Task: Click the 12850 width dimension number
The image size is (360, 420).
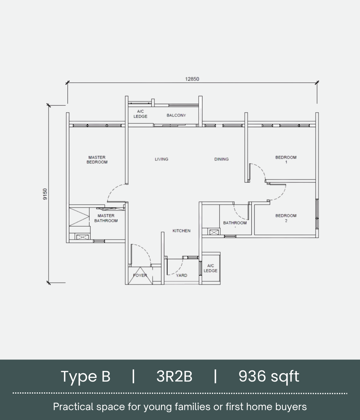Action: tap(192, 79)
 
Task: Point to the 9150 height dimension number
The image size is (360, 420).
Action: tap(45, 194)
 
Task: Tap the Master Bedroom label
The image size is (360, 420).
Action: tap(97, 160)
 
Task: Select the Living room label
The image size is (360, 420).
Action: tap(161, 159)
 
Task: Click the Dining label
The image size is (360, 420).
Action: tap(221, 159)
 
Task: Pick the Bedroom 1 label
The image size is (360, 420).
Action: tap(286, 160)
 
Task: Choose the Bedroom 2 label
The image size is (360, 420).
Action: tap(286, 218)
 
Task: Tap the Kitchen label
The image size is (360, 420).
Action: tap(181, 231)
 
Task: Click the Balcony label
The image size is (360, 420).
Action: tap(176, 115)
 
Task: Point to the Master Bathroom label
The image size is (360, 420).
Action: tap(106, 218)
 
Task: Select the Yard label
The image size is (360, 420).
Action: tap(181, 275)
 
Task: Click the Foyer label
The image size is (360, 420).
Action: tap(140, 275)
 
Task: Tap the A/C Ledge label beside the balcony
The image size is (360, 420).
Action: tap(140, 114)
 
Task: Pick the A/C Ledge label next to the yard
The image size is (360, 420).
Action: tap(211, 268)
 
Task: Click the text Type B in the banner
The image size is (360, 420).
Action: tap(85, 376)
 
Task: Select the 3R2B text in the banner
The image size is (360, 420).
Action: tap(174, 376)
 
